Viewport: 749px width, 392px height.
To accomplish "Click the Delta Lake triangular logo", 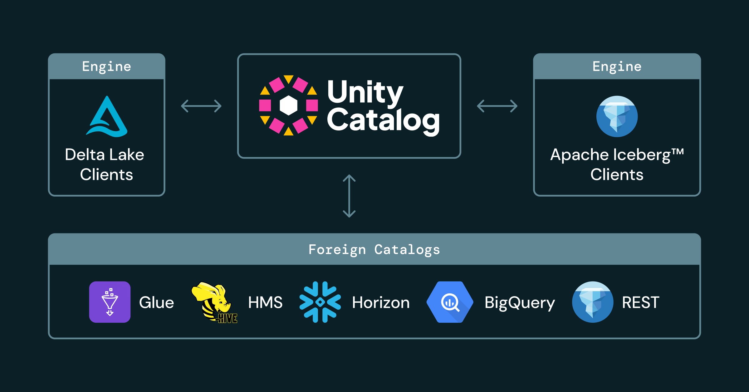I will point(107,117).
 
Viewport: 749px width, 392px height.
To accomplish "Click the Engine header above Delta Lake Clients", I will point(106,66).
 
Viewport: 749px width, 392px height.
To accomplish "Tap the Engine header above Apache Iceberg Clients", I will point(617,66).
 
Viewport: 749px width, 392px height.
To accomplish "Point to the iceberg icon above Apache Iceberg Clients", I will point(617,116).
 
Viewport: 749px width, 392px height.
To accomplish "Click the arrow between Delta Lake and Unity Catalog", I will point(201,106).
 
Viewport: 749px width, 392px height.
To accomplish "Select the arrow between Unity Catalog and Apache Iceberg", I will point(497,106).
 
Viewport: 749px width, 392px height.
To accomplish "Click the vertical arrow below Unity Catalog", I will point(349,196).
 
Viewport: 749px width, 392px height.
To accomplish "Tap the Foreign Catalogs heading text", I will point(374,250).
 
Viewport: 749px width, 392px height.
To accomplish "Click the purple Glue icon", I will point(110,302).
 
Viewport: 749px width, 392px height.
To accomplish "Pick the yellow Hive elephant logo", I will point(213,301).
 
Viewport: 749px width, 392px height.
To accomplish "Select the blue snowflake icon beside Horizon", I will point(320,302).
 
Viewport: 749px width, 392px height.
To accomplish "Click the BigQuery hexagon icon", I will point(450,302).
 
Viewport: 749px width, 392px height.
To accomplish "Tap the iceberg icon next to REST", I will point(592,302).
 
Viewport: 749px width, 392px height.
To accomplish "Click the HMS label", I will point(265,302).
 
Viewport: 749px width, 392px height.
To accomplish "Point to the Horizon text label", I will point(380,302).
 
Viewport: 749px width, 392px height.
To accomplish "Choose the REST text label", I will point(640,302).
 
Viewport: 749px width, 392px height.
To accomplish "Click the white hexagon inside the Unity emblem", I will point(288,105).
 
